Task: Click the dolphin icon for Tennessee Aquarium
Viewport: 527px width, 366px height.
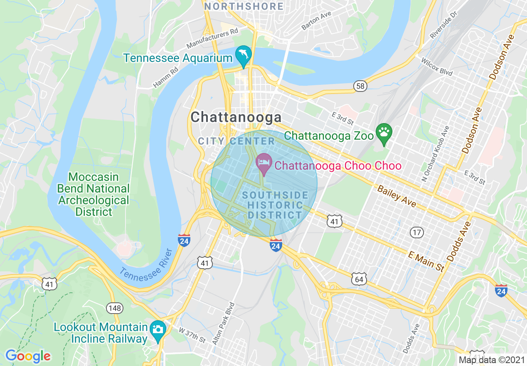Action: tap(243, 55)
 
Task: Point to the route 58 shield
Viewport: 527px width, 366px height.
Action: tap(360, 86)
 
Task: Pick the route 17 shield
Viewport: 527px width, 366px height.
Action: tap(416, 232)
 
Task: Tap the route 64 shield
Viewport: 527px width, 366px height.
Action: tap(359, 279)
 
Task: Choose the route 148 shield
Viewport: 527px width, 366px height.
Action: tap(114, 308)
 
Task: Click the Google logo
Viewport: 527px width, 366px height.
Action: tap(28, 356)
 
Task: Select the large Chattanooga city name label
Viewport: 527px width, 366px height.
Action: tap(236, 117)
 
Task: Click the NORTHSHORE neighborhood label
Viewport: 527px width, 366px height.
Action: tap(244, 7)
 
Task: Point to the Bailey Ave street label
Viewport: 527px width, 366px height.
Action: tap(396, 196)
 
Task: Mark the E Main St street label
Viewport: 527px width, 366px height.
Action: tap(426, 261)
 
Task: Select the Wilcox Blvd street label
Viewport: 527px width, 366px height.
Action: tap(436, 67)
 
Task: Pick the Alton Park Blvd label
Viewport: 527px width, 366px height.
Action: tap(224, 326)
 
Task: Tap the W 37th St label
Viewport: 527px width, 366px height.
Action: tap(192, 335)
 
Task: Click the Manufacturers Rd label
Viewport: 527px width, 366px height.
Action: tap(212, 38)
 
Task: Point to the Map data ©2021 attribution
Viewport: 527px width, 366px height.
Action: tap(492, 360)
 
